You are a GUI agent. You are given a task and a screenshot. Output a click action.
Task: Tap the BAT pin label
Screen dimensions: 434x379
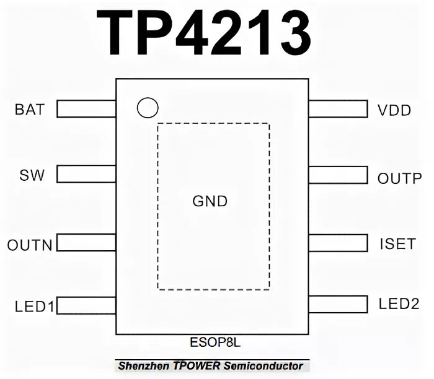[30, 110]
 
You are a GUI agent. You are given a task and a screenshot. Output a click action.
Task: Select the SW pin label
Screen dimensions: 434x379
[32, 175]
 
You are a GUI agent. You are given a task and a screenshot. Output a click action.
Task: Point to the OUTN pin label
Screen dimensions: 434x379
[30, 245]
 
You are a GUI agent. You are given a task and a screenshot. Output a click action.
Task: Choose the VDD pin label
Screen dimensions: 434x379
[394, 111]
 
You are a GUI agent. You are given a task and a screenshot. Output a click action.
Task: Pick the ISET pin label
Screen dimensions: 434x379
[397, 243]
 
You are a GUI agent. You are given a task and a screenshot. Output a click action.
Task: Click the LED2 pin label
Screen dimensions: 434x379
[399, 304]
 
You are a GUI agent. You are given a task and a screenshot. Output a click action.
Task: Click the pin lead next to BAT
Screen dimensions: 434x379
[86, 109]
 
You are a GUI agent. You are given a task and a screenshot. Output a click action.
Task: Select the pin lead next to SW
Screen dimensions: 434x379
[86, 174]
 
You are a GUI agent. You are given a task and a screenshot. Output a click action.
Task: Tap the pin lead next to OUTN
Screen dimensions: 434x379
[86, 242]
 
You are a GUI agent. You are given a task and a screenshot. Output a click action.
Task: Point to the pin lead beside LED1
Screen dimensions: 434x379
[86, 305]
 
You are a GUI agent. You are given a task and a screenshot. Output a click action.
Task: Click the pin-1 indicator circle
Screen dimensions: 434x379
[148, 108]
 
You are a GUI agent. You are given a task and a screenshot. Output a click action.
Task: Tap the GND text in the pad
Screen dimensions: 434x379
[210, 201]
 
